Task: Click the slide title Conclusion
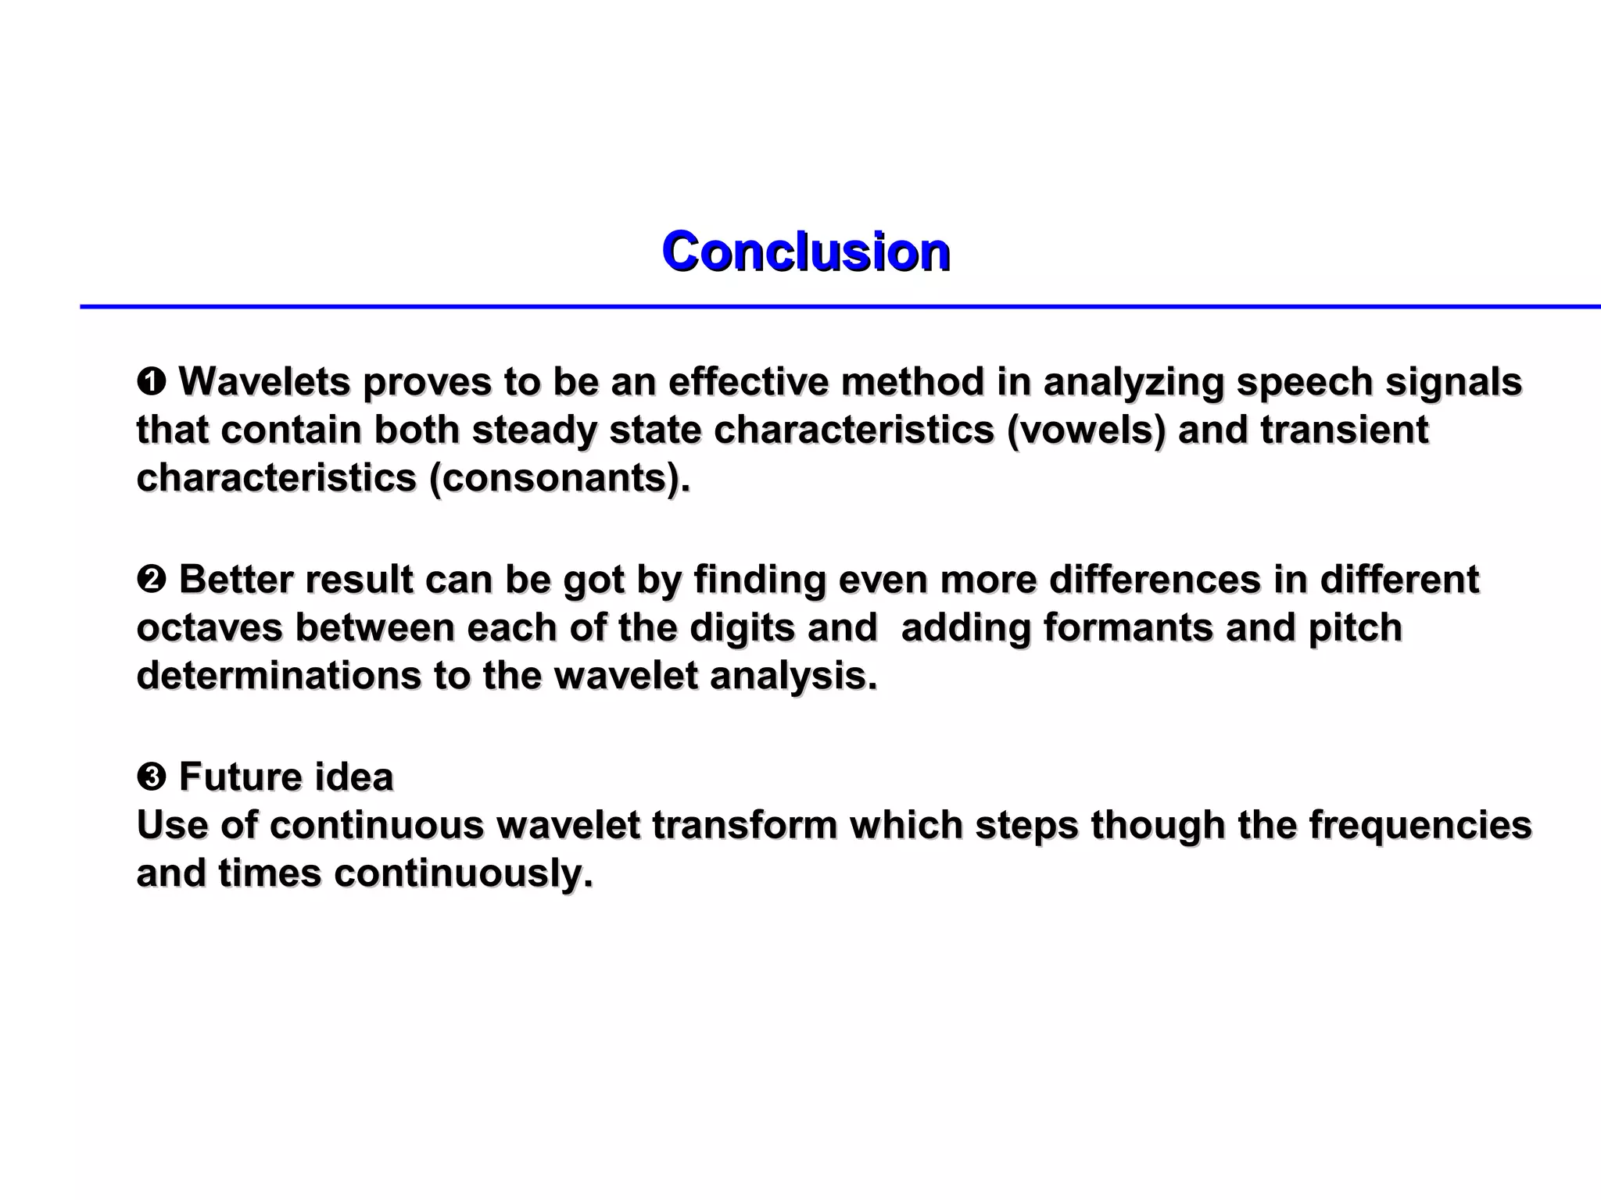[x=805, y=252]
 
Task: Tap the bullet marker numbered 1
[x=150, y=383]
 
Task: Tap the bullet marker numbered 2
[x=150, y=580]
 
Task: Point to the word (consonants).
[x=560, y=478]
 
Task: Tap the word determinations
[x=278, y=676]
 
